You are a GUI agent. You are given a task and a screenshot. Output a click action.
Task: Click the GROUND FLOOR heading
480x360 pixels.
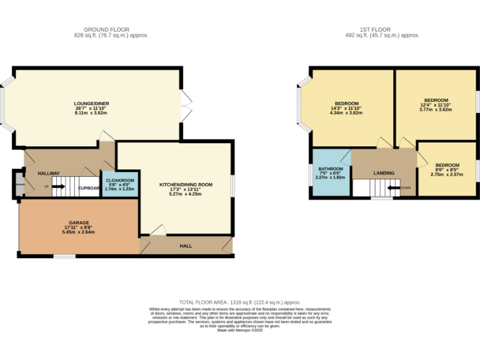click(x=107, y=29)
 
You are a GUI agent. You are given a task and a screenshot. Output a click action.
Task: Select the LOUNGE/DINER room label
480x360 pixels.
click(x=91, y=103)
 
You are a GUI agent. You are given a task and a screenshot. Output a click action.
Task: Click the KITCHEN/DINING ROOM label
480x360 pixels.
click(x=186, y=184)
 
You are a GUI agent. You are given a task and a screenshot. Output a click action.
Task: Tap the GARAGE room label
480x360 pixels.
click(x=79, y=222)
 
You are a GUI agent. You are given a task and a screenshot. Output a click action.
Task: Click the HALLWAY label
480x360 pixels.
click(x=49, y=173)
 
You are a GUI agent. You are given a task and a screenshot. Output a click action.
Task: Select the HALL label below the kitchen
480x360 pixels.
click(x=186, y=246)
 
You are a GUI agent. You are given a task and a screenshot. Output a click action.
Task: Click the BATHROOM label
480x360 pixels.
click(x=331, y=169)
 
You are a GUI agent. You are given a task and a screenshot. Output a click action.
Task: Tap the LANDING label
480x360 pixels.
click(x=384, y=173)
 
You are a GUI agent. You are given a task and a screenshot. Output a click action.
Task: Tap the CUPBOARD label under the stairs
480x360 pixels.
click(x=89, y=187)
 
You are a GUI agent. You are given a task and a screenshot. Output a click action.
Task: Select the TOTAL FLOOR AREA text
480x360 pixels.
click(x=240, y=301)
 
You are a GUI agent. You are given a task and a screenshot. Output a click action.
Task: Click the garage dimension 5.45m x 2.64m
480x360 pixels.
click(x=79, y=232)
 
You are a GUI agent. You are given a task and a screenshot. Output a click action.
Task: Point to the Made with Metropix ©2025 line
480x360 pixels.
click(x=240, y=330)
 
